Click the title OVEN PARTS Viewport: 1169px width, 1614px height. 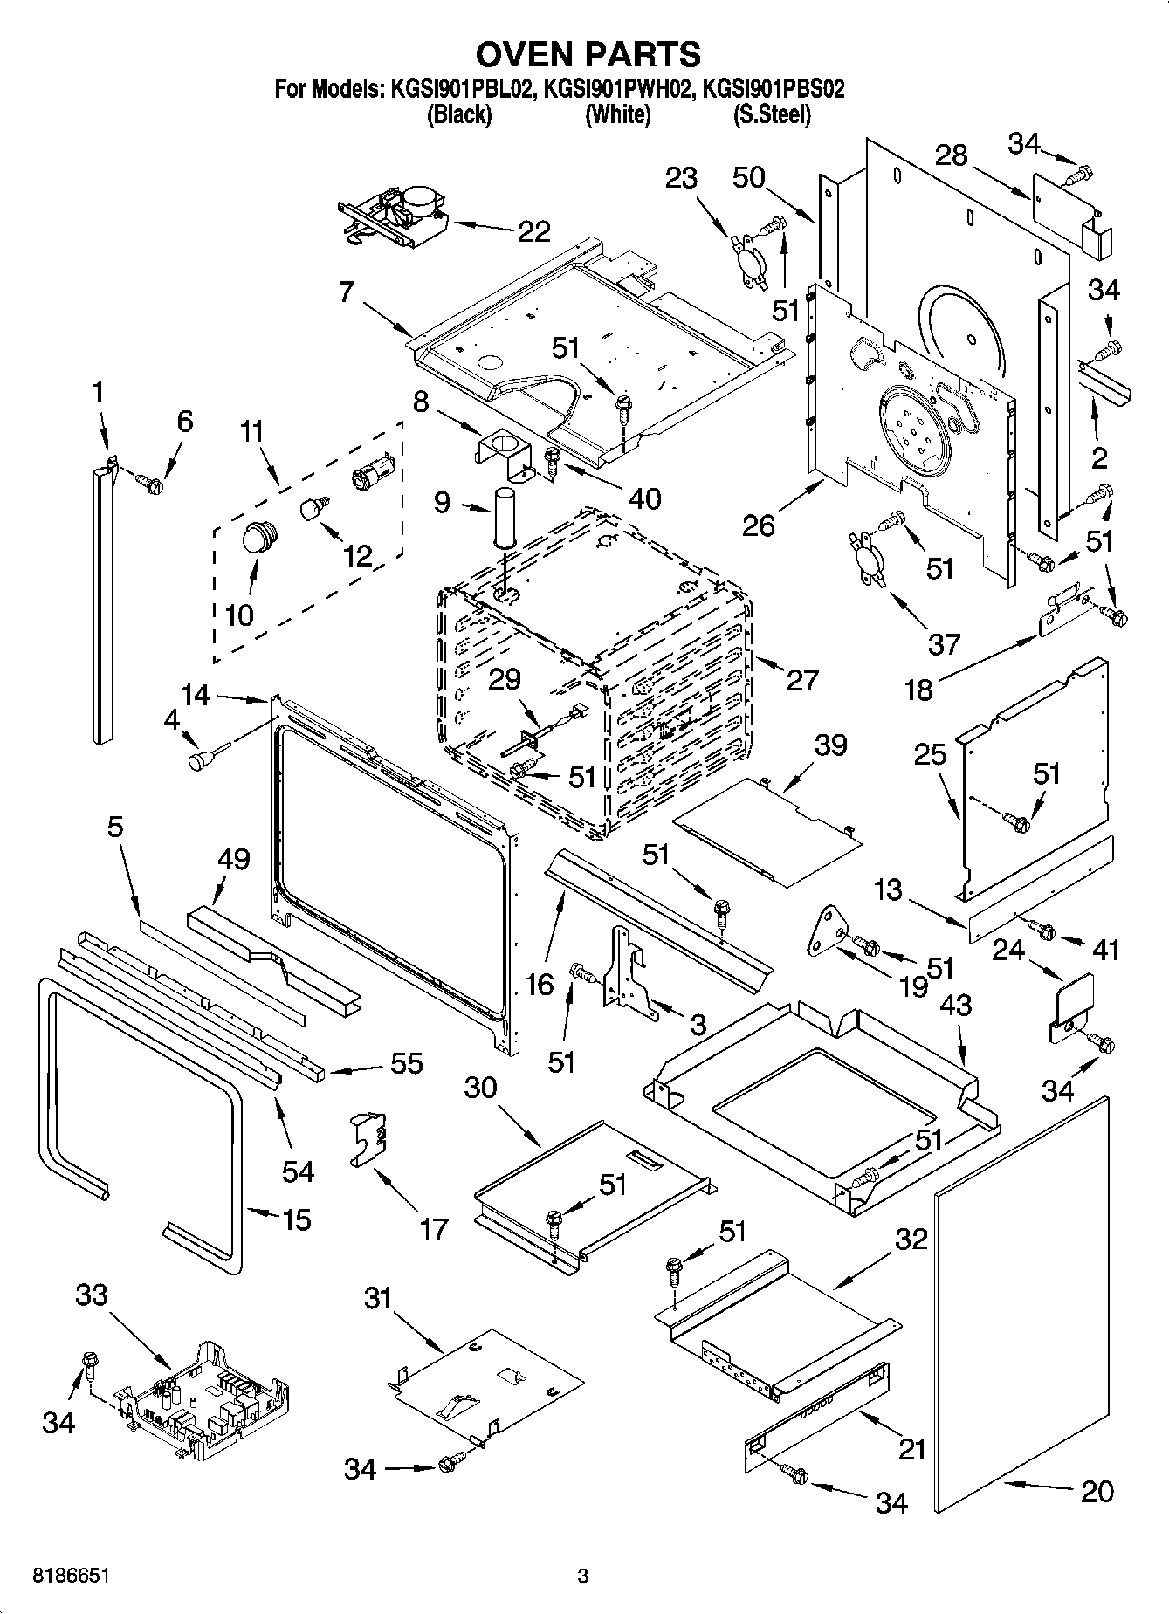[588, 54]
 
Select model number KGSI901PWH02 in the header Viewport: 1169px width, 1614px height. [617, 89]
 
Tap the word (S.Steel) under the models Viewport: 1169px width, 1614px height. [771, 114]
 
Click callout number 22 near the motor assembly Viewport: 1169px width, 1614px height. [533, 231]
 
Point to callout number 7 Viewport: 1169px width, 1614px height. [347, 292]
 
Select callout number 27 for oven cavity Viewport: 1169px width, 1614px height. [802, 679]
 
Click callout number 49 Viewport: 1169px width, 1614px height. [234, 860]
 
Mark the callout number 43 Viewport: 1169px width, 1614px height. [955, 1006]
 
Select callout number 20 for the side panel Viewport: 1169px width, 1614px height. [1097, 1491]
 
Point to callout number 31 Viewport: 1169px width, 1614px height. [378, 1299]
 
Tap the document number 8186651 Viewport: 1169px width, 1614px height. [71, 1576]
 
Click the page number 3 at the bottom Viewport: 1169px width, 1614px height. [583, 1576]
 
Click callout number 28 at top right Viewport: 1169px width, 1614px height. [951, 155]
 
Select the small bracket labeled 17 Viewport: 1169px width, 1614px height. [369, 1138]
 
